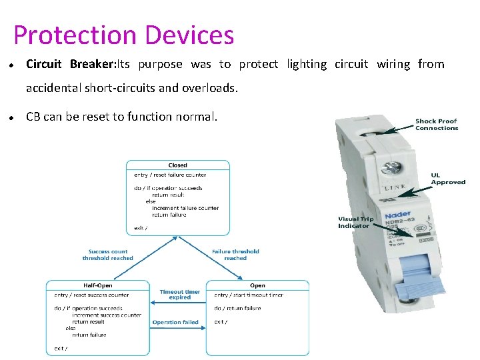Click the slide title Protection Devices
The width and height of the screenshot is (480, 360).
[123, 35]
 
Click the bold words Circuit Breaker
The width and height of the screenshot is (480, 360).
[70, 65]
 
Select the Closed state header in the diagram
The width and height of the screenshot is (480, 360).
[178, 165]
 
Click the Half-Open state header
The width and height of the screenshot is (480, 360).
[97, 285]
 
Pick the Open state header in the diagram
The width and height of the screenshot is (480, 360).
[257, 285]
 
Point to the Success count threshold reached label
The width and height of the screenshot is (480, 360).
[107, 255]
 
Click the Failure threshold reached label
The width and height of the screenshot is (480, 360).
[235, 255]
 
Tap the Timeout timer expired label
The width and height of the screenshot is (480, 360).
[180, 295]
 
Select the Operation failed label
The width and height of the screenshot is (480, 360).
[175, 323]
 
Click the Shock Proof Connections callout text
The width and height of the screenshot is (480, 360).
[437, 125]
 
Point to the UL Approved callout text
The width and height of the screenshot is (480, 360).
[448, 179]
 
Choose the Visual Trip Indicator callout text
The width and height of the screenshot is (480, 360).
[356, 222]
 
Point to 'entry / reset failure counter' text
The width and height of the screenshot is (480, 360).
[170, 175]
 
